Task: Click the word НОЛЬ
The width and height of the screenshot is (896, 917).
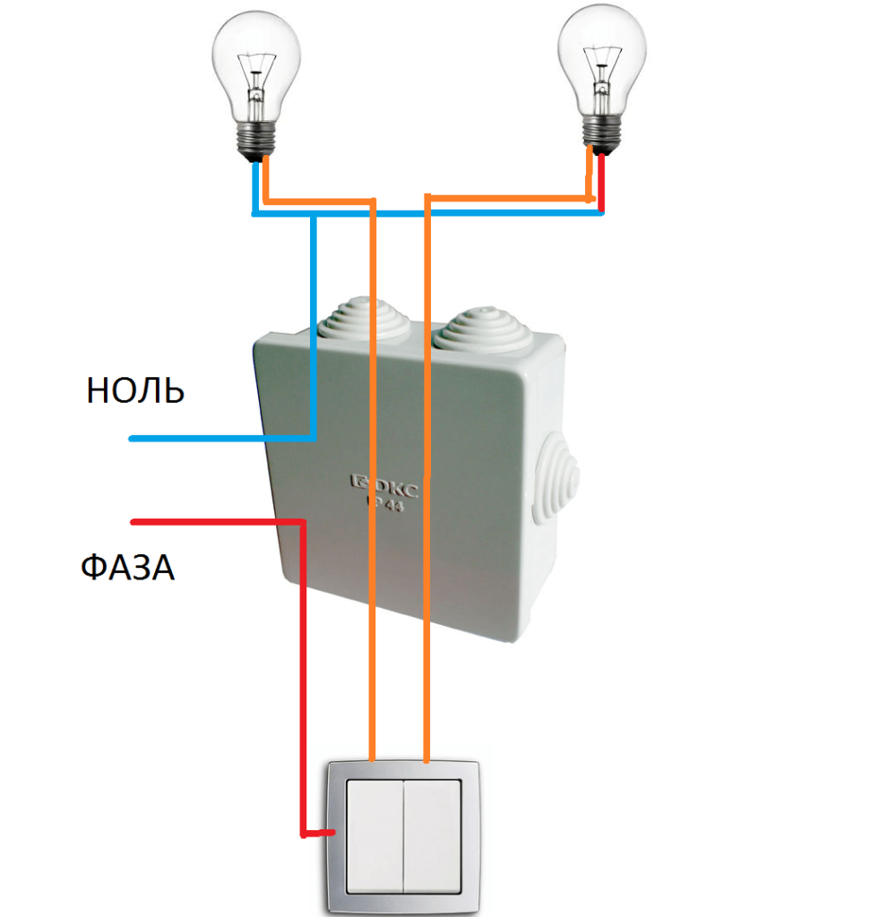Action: [x=135, y=391]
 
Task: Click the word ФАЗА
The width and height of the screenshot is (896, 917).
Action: [x=127, y=567]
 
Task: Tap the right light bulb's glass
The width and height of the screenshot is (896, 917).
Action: [x=601, y=54]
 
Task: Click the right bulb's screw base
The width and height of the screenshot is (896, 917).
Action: [x=599, y=133]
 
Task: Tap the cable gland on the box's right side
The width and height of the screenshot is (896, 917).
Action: [x=556, y=478]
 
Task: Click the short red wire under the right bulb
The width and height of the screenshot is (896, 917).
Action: [x=600, y=184]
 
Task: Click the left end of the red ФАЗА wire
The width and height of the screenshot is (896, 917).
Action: [x=134, y=521]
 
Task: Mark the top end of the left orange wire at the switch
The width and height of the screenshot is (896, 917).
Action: [x=373, y=754]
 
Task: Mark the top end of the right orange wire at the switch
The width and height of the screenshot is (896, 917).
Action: [x=427, y=758]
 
